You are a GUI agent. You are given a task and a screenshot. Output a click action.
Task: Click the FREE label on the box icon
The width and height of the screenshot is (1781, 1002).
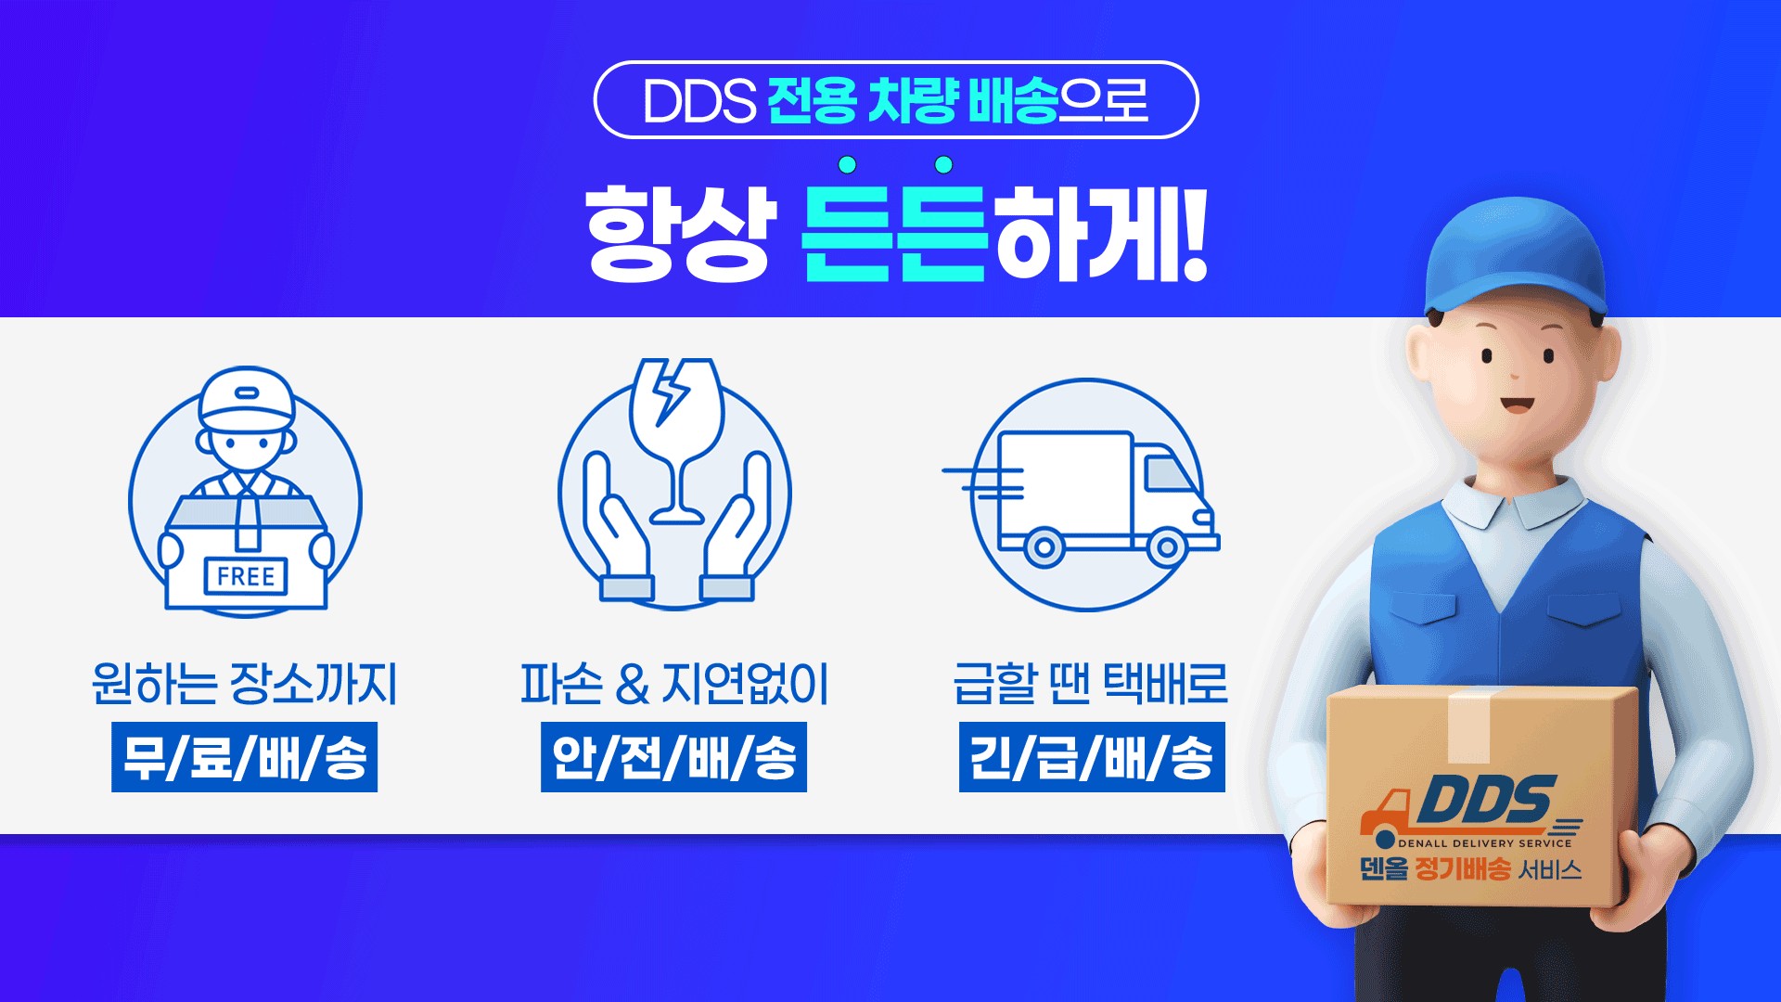[246, 576]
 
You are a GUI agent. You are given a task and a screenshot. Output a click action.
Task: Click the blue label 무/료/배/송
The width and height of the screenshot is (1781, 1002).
[244, 757]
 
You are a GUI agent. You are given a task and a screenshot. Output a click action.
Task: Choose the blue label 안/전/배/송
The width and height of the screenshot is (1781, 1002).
[673, 757]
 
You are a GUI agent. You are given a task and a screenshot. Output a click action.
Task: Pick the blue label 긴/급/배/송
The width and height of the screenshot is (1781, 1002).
[1092, 757]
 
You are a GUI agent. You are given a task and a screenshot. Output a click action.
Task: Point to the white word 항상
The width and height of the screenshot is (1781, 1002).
[680, 233]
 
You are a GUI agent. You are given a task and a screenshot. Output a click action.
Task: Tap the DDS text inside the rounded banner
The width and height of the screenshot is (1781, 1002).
[699, 100]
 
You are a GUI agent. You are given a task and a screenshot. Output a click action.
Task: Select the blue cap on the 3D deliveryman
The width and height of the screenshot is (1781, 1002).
[1516, 258]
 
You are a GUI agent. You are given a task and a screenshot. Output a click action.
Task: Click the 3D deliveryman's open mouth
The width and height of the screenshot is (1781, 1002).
[1518, 405]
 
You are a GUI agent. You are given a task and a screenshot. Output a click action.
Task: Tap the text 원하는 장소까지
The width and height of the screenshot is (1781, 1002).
[244, 684]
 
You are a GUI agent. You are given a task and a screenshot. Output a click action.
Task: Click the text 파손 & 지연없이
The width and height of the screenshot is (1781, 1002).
[674, 684]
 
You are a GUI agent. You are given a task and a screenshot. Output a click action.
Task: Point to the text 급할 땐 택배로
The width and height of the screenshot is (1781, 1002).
[1091, 684]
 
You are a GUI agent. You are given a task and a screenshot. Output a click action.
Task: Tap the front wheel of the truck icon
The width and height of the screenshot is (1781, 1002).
[1166, 547]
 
